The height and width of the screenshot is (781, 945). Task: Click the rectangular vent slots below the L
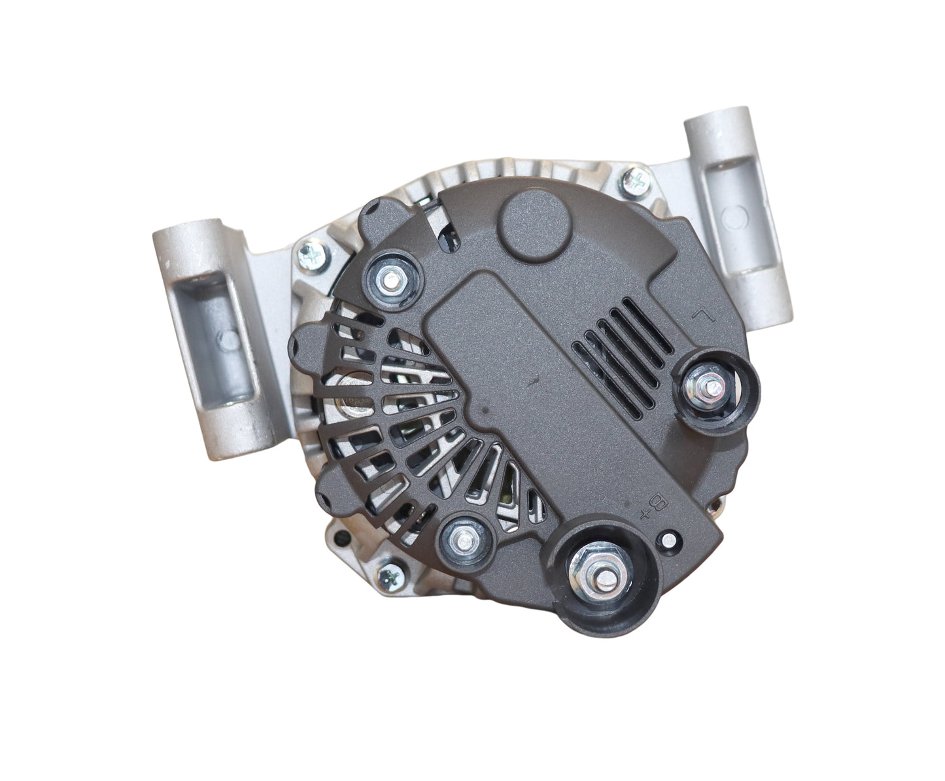[621, 363]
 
